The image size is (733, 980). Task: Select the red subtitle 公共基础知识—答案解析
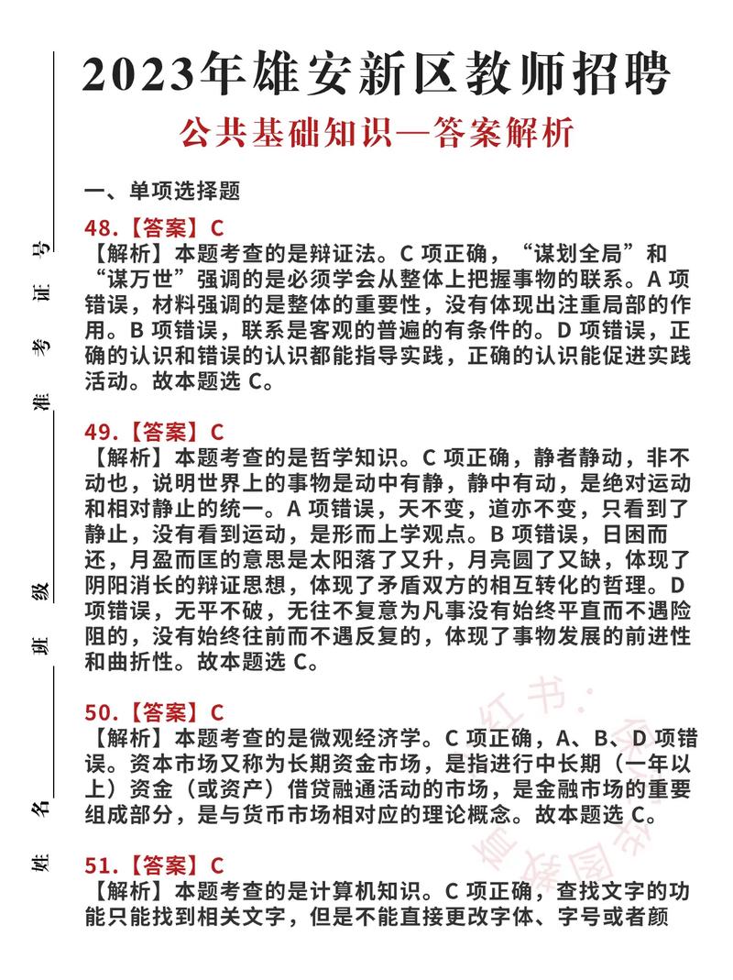[x=377, y=134]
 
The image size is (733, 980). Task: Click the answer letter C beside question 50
[x=217, y=711]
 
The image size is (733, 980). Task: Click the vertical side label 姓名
[x=40, y=835]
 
